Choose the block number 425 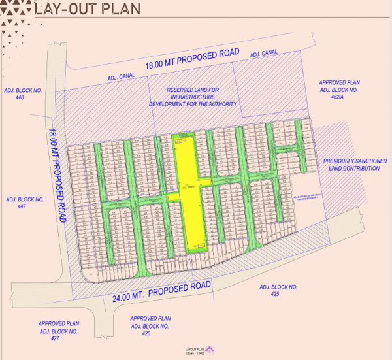click(278, 295)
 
